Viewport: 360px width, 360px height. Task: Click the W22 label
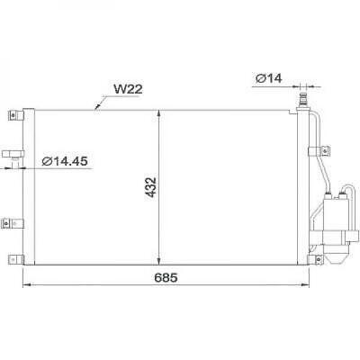[128, 89]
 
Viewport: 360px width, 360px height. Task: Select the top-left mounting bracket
[14, 116]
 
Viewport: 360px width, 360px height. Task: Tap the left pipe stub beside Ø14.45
[12, 155]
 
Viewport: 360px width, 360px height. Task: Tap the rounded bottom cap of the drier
[341, 256]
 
